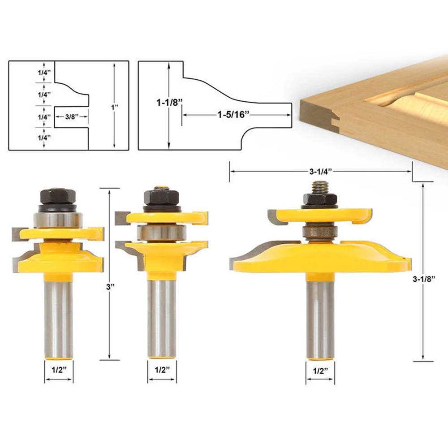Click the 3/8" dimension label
(x=71, y=116)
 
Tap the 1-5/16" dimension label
(x=233, y=115)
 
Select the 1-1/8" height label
(x=169, y=102)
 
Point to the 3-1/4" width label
(x=321, y=172)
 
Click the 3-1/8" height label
(x=424, y=279)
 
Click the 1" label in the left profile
(x=114, y=108)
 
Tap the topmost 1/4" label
(x=44, y=73)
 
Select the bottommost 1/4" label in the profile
(x=44, y=138)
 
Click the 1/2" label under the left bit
(x=59, y=370)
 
